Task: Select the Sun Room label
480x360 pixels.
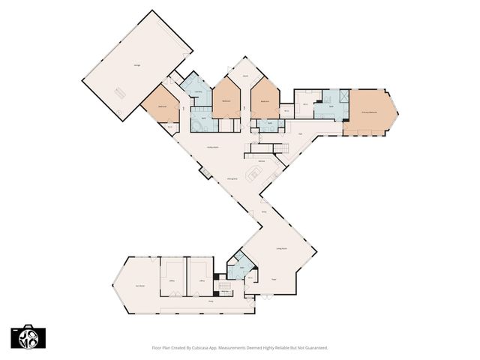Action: pos(139,285)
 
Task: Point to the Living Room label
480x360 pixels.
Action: pos(283,248)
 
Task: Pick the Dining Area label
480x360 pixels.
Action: pos(232,179)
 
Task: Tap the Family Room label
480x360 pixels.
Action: pos(213,147)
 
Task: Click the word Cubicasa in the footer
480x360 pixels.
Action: pos(201,348)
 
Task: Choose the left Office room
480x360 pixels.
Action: pos(172,279)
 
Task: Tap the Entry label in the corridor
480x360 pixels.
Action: pos(263,213)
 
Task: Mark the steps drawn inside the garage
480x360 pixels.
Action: pos(120,93)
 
